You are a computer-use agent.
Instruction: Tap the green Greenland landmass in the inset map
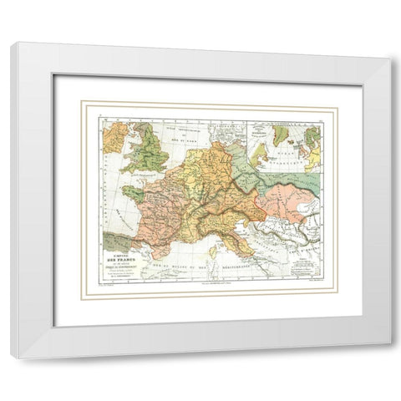(282, 133)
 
